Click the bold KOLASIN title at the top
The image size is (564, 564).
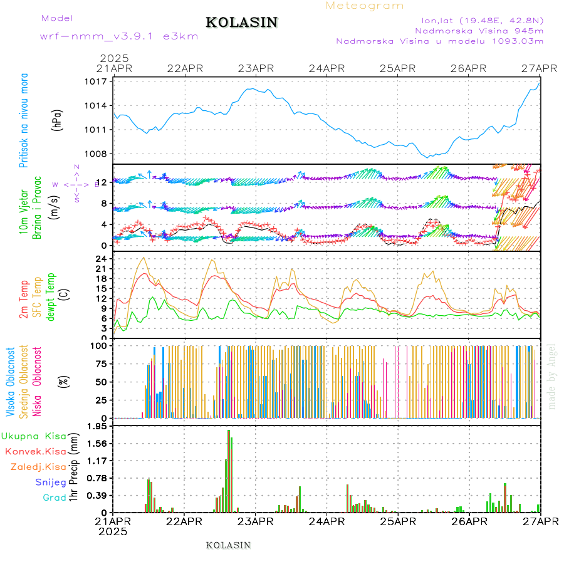click(x=241, y=23)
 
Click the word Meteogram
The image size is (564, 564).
click(x=365, y=6)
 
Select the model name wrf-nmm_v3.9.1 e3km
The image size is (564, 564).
click(x=119, y=36)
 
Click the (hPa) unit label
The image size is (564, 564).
click(x=58, y=119)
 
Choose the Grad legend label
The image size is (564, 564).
click(x=54, y=498)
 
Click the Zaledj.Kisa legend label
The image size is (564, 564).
click(x=38, y=467)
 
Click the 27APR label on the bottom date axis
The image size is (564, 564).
click(x=540, y=521)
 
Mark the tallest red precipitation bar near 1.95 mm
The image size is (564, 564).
click(x=229, y=470)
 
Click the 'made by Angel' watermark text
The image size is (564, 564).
click(x=552, y=376)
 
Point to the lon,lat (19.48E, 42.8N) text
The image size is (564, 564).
click(x=483, y=19)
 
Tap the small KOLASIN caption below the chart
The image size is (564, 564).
click(x=228, y=545)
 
